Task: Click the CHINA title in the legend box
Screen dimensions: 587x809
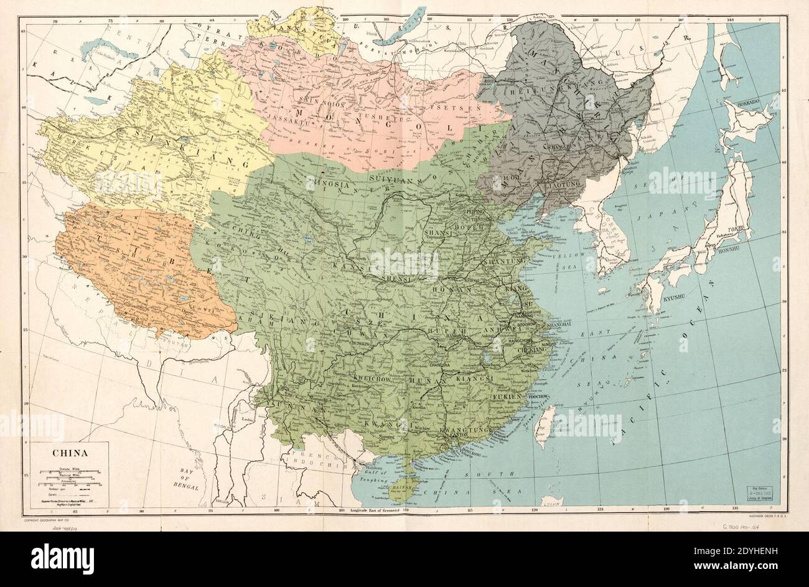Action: point(69,454)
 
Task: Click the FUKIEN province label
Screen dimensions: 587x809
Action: point(508,396)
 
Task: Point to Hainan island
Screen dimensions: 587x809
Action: point(398,489)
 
